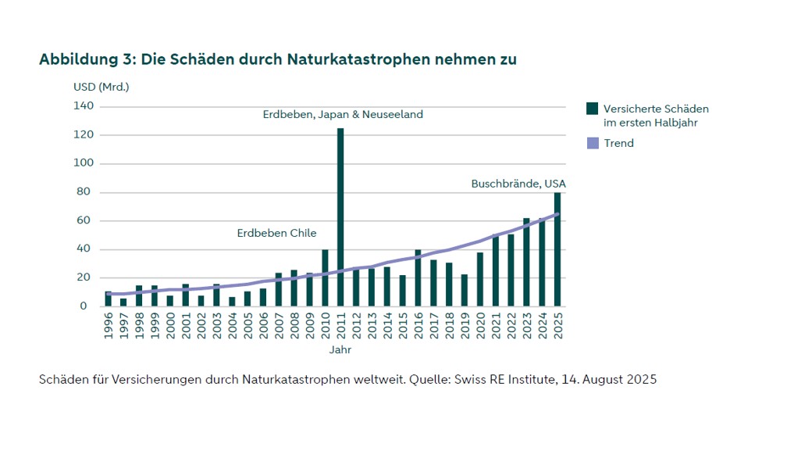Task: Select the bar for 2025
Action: point(557,249)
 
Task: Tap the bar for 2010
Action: point(325,278)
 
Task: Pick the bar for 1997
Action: point(123,302)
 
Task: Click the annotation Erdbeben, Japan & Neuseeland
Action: point(343,114)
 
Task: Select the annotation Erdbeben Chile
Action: point(276,234)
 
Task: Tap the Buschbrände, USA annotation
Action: point(518,184)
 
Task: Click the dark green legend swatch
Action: point(593,109)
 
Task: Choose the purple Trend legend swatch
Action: point(593,143)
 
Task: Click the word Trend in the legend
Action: point(618,143)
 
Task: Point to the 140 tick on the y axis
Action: point(84,106)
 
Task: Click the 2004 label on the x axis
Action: point(232,327)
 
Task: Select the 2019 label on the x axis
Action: point(465,327)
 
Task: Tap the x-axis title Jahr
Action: point(340,349)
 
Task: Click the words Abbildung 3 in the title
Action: point(84,59)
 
